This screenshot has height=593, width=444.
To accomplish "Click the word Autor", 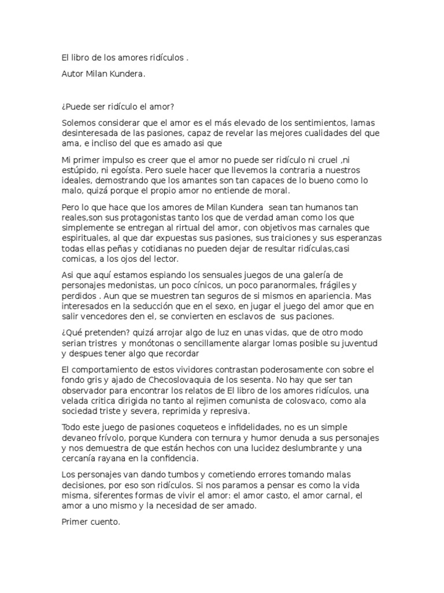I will coord(72,74).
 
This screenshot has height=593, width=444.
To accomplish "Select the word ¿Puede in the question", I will coord(76,107).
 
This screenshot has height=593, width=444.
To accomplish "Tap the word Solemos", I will coord(80,122).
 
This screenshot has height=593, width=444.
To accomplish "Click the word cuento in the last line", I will coord(104,521).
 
